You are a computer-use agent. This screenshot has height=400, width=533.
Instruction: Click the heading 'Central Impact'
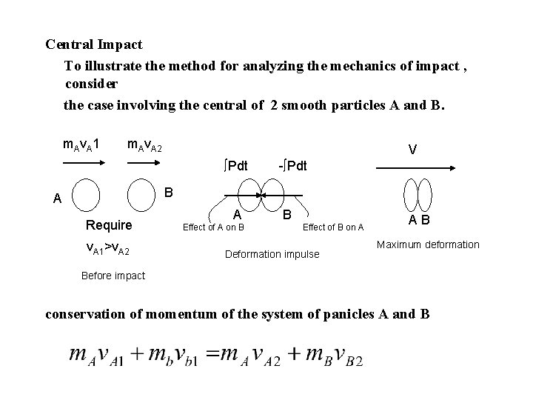94,44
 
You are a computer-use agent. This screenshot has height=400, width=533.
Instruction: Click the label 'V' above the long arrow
412,150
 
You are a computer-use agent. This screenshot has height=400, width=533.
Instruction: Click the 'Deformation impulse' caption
272,254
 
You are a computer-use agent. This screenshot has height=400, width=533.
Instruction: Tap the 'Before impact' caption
112,276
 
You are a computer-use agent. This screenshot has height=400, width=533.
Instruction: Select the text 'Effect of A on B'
215,227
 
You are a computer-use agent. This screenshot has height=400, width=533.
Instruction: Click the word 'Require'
109,224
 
